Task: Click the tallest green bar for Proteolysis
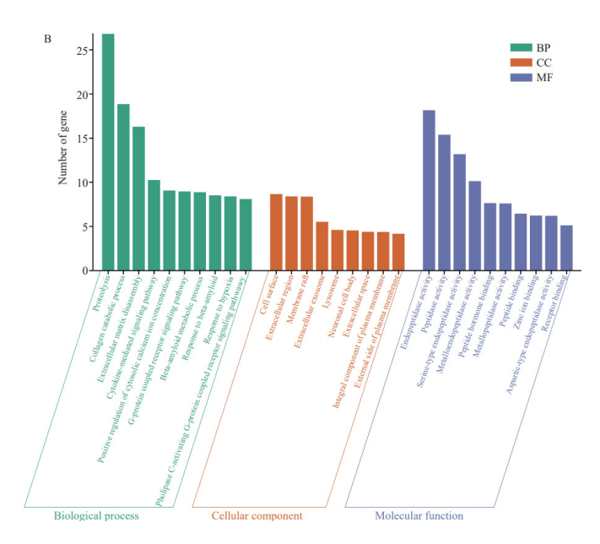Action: point(108,152)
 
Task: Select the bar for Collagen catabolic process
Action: point(123,187)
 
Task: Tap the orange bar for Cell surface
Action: point(276,232)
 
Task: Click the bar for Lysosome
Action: point(337,250)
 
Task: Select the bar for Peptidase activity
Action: point(444,203)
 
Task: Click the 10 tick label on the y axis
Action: point(81,182)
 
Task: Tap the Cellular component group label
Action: point(257,515)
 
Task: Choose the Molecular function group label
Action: point(419,515)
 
